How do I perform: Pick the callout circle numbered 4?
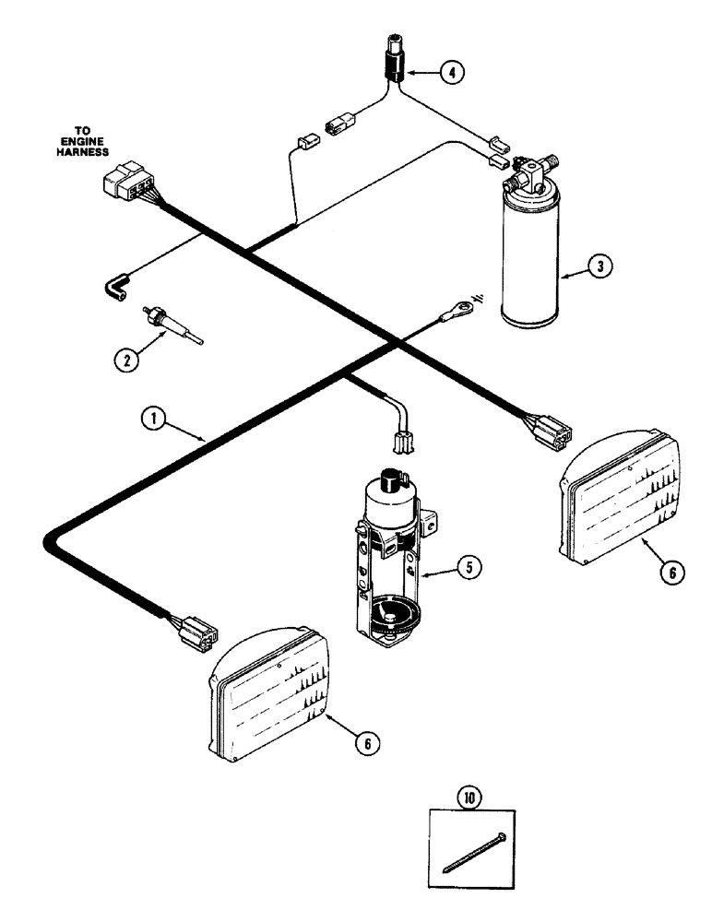point(451,72)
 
